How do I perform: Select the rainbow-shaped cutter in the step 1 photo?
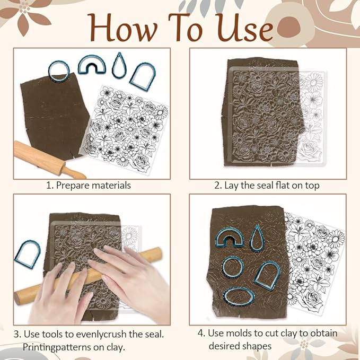92,65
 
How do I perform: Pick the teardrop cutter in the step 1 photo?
119,65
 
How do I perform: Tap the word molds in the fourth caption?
240,333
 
